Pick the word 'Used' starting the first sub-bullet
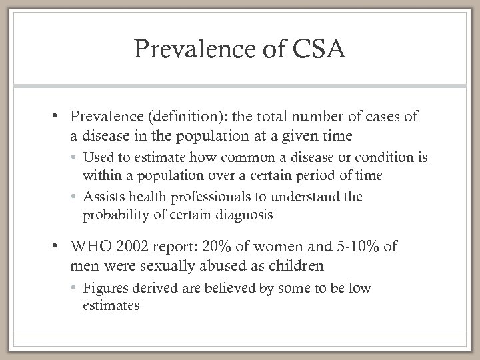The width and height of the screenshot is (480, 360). pyautogui.click(x=96, y=160)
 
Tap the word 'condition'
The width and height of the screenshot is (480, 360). pyautogui.click(x=364, y=160)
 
